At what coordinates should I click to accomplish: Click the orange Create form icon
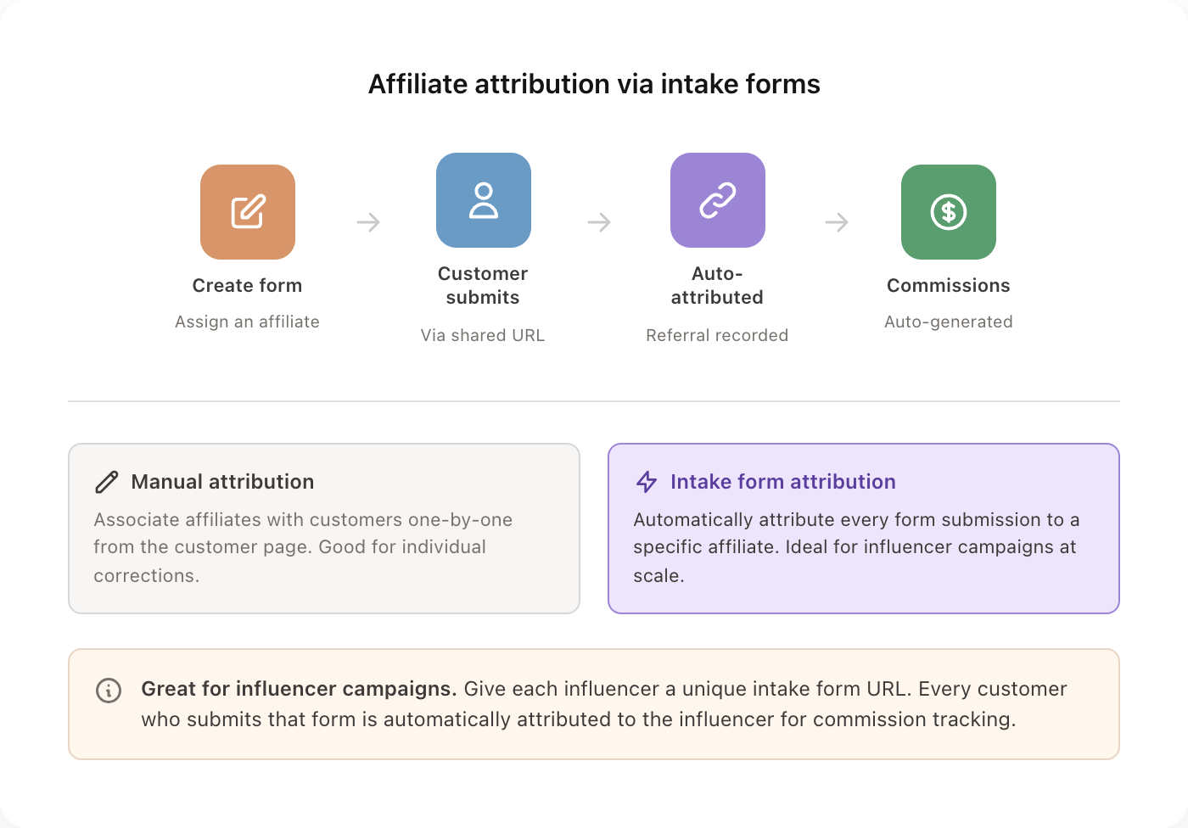click(248, 212)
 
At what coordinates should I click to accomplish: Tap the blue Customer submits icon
click(484, 200)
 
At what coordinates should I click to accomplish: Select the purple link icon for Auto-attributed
click(718, 200)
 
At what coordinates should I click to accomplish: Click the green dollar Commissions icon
click(949, 212)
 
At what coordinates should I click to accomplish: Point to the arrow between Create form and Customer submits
click(368, 222)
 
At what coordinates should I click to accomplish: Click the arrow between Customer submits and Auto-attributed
click(599, 222)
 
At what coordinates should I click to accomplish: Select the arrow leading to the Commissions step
click(837, 222)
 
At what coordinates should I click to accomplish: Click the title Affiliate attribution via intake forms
click(594, 84)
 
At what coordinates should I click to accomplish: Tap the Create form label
click(247, 286)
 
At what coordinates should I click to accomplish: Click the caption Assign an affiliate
click(247, 322)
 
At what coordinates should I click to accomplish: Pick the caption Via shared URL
click(483, 335)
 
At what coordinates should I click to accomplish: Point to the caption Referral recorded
click(717, 335)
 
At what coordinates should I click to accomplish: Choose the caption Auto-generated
click(949, 322)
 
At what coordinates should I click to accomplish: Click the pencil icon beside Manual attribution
click(107, 482)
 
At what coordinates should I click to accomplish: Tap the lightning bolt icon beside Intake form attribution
click(647, 482)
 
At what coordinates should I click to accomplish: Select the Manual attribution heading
click(222, 482)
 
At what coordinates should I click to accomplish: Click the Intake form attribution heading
click(782, 482)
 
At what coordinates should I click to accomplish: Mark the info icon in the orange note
click(109, 690)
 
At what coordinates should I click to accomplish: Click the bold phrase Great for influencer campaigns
click(299, 689)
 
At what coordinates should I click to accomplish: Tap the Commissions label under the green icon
click(949, 286)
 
